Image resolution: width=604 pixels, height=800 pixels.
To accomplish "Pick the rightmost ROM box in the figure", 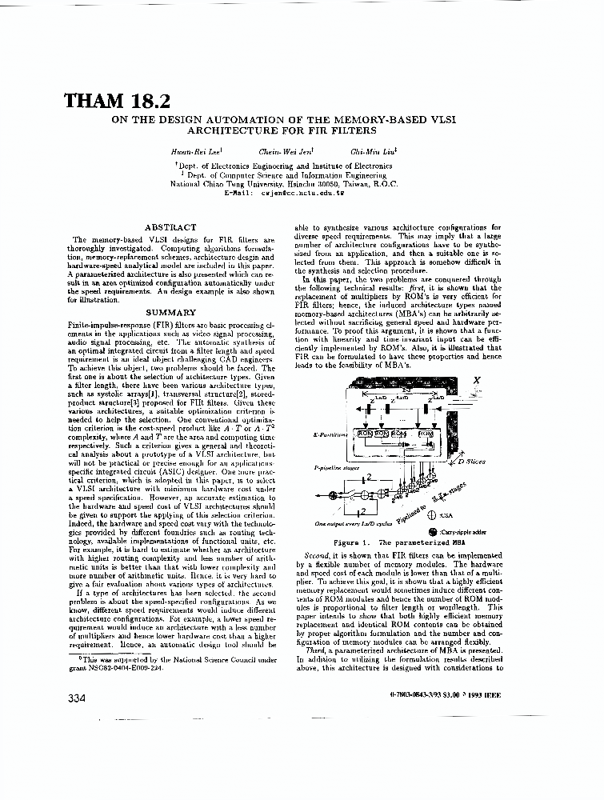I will [x=427, y=434].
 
